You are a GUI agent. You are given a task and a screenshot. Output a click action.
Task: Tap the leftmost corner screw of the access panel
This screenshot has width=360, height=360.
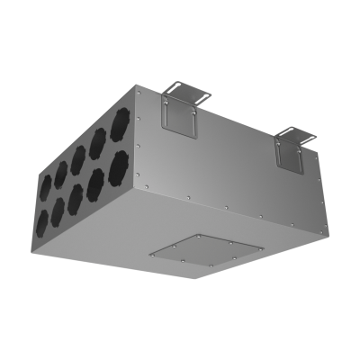click(150, 254)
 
